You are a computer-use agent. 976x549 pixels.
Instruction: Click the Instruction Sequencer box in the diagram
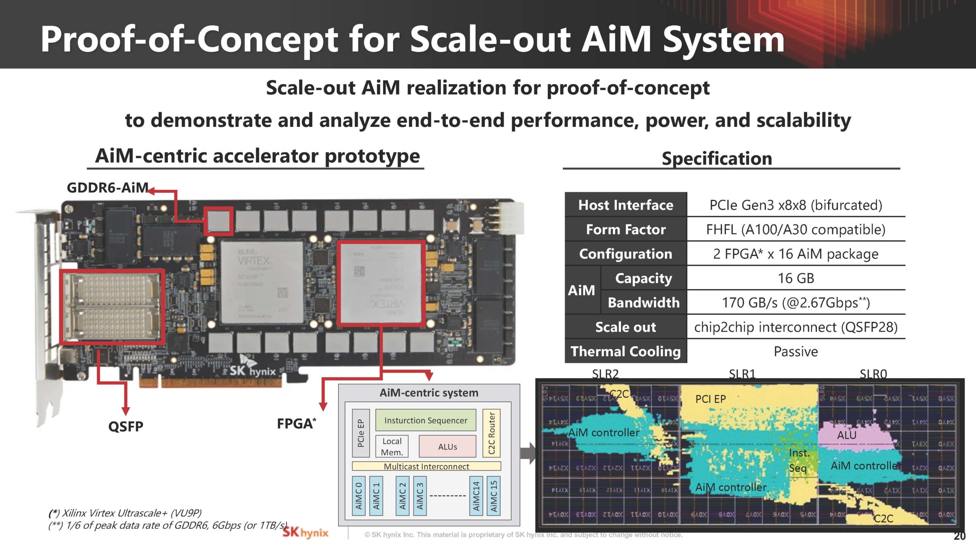[425, 420]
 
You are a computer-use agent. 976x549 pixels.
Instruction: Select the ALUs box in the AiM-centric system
[447, 446]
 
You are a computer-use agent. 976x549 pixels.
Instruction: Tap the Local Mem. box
[392, 446]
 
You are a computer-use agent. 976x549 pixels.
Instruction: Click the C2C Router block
[491, 433]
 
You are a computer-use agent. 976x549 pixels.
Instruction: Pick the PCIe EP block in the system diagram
[361, 433]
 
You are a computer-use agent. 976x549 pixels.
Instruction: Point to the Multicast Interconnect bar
[426, 466]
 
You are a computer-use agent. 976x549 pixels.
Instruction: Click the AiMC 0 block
[358, 496]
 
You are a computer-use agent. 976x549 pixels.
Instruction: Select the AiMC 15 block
[494, 496]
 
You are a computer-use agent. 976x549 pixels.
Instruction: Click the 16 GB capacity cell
[796, 278]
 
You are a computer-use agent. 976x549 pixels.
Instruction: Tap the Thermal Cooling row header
[626, 351]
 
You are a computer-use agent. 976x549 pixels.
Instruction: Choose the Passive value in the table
[796, 352]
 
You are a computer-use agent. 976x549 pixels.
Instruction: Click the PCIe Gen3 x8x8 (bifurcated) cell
[796, 205]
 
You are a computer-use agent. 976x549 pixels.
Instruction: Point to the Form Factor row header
[626, 230]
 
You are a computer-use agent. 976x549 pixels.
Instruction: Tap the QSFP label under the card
[125, 426]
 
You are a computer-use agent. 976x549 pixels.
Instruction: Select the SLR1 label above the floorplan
[742, 374]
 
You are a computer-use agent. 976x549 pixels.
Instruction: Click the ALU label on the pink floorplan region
[846, 435]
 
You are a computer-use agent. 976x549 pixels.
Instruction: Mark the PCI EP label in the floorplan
[710, 399]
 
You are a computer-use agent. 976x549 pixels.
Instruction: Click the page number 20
[959, 536]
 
